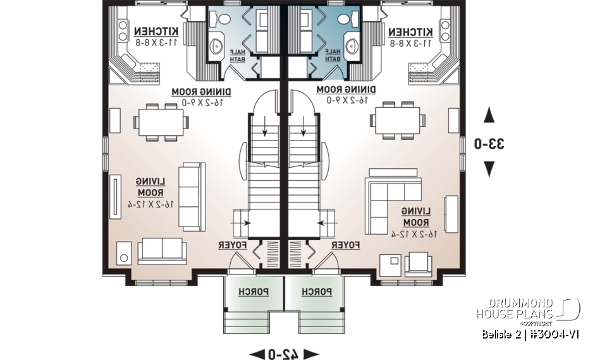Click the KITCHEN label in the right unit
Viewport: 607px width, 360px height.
(411, 32)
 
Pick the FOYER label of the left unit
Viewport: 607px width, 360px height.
(231, 244)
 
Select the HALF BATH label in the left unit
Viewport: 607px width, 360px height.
(238, 55)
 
